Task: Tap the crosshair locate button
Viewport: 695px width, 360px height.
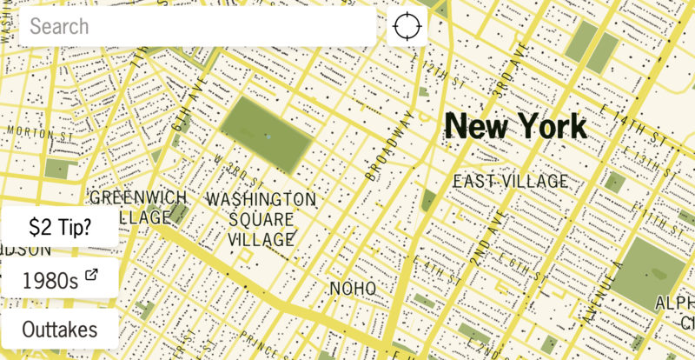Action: pos(407,26)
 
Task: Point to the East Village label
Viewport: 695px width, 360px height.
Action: pos(511,181)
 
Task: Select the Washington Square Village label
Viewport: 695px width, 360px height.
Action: pos(261,217)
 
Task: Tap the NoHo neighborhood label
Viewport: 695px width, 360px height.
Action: pos(352,288)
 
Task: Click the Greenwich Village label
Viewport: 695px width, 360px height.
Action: pos(138,207)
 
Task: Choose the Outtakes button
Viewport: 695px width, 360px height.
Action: pos(60,330)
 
